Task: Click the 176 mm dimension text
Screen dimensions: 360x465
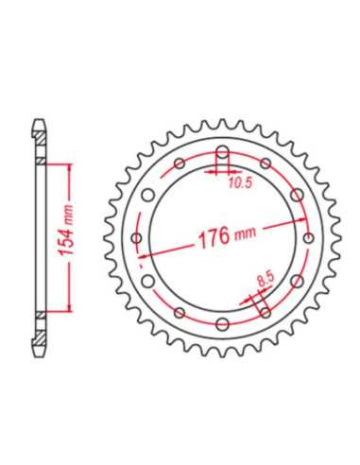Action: tap(227, 235)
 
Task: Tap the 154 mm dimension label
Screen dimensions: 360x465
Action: tap(66, 231)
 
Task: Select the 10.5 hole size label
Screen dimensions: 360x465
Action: tap(240, 183)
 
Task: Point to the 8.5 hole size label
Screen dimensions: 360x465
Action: tap(266, 280)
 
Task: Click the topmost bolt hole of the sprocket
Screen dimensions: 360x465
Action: tap(223, 152)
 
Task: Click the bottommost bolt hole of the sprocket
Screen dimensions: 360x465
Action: tap(222, 323)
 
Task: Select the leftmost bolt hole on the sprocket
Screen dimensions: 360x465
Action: tap(137, 238)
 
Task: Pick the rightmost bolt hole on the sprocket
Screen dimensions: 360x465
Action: tap(309, 238)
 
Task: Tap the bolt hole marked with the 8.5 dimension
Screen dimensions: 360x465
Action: tap(266, 312)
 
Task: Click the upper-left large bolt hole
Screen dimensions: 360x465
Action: tap(147, 195)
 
